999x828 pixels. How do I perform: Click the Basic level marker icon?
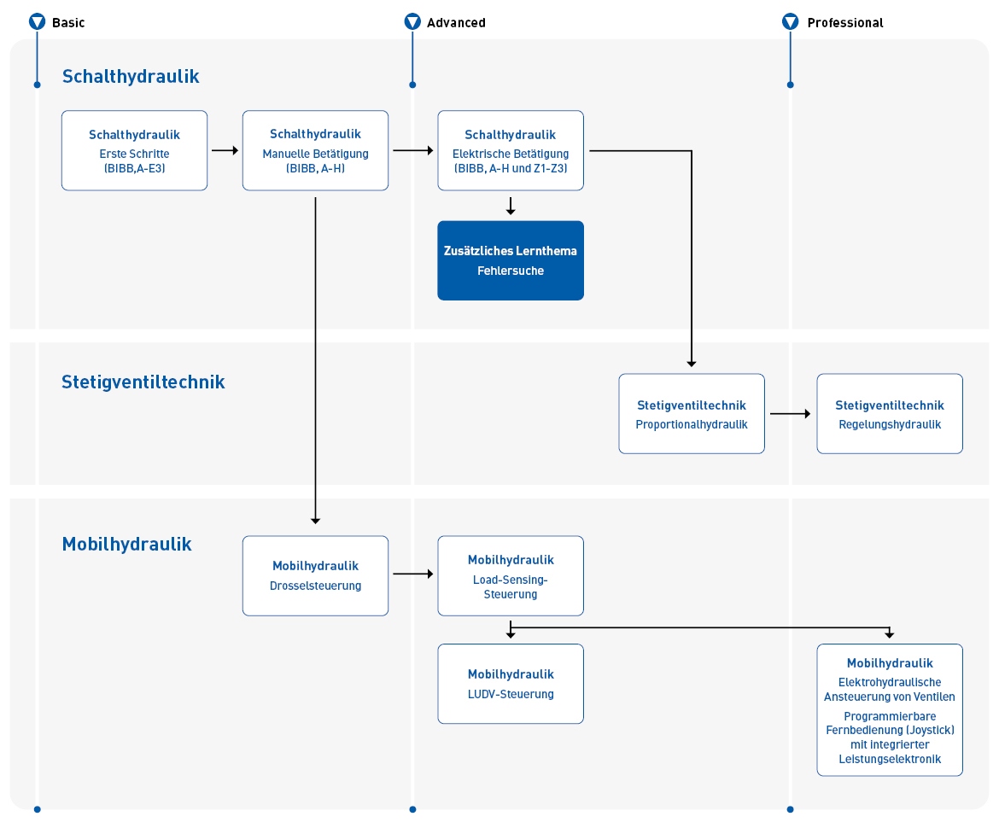click(x=37, y=21)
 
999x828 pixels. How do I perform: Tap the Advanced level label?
click(x=456, y=23)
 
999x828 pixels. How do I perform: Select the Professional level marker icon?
click(x=790, y=21)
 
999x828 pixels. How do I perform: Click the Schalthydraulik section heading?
click(x=131, y=77)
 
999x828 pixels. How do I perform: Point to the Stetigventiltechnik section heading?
click(x=143, y=382)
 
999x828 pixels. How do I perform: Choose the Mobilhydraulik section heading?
click(x=126, y=544)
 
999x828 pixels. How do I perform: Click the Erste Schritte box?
click(x=134, y=150)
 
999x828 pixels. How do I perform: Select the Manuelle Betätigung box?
click(x=315, y=150)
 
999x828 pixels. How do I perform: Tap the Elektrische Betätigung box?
click(x=511, y=150)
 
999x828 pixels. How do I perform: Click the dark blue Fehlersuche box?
click(x=511, y=260)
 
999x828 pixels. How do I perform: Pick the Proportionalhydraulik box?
click(x=692, y=413)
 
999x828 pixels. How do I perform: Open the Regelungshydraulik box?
click(x=890, y=413)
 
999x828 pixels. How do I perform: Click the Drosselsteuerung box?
click(x=315, y=576)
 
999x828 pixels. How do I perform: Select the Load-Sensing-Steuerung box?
click(x=511, y=576)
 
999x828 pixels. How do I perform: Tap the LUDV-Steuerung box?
click(x=511, y=684)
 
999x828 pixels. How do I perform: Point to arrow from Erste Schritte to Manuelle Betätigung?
click(x=225, y=150)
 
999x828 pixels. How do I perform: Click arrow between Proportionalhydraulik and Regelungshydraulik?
click(x=790, y=413)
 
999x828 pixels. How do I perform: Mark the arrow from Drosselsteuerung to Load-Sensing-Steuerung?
click(x=413, y=574)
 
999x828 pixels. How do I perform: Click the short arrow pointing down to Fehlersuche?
click(x=511, y=206)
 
